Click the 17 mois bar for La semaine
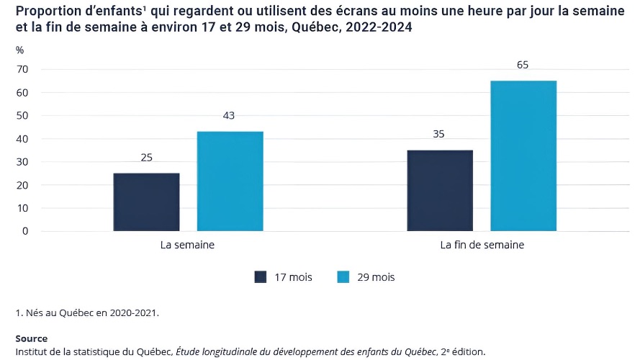pyautogui.click(x=146, y=202)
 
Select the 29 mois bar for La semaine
pyautogui.click(x=230, y=181)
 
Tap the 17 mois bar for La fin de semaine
pyautogui.click(x=440, y=191)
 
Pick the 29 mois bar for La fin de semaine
pyautogui.click(x=523, y=156)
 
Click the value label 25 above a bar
pyautogui.click(x=146, y=157)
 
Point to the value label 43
pyautogui.click(x=230, y=115)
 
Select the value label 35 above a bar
pyautogui.click(x=440, y=134)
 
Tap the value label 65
pyautogui.click(x=523, y=65)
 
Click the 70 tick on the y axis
pyautogui.click(x=22, y=69)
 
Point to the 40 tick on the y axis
pyautogui.click(x=22, y=139)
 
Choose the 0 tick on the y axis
pyautogui.click(x=24, y=231)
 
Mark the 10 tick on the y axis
pyautogui.click(x=22, y=208)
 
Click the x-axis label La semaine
pyautogui.click(x=187, y=245)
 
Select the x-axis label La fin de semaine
pyautogui.click(x=482, y=245)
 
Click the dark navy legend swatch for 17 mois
pyautogui.click(x=261, y=277)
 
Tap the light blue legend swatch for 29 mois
pyautogui.click(x=343, y=277)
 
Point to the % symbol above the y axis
pyautogui.click(x=20, y=50)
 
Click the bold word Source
pyautogui.click(x=31, y=338)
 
